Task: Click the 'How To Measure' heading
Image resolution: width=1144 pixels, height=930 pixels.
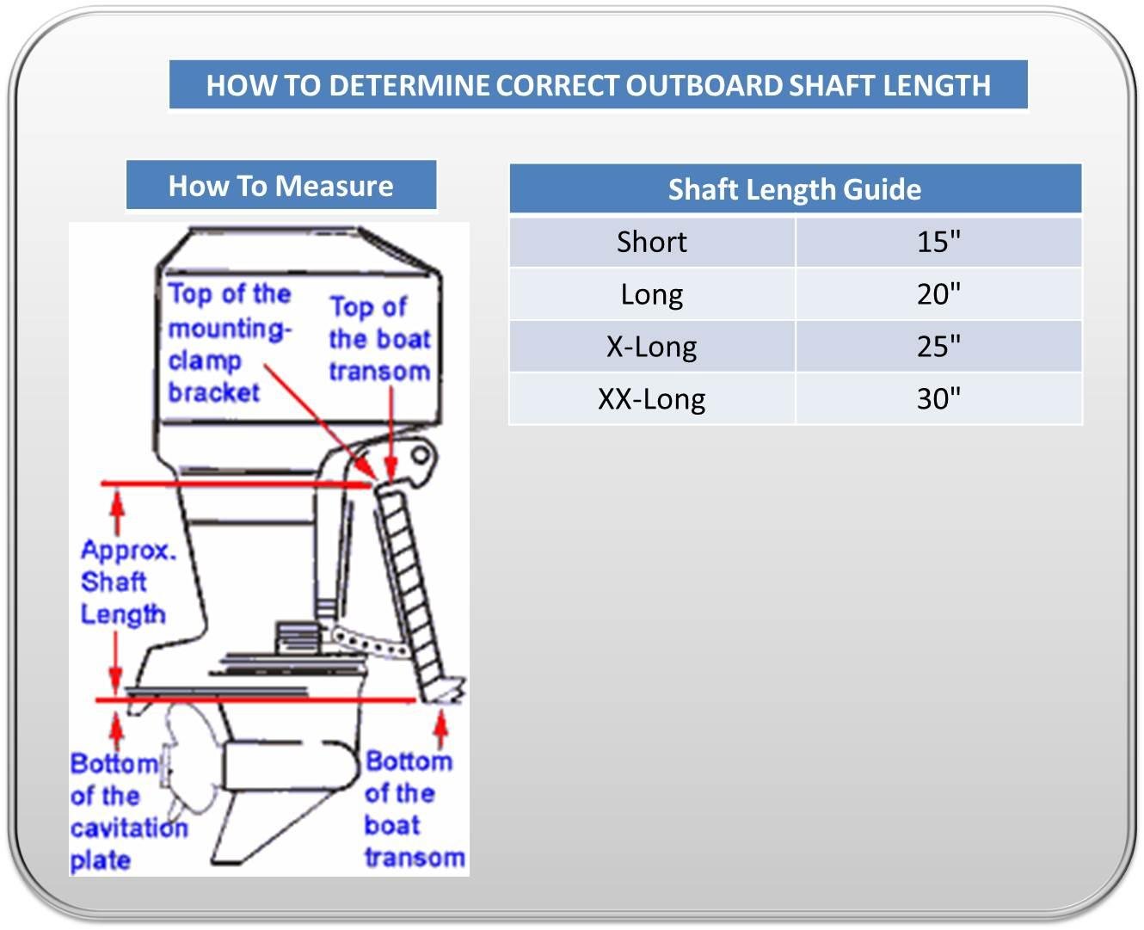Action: (x=280, y=186)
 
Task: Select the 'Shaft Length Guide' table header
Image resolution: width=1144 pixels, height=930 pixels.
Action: (x=794, y=189)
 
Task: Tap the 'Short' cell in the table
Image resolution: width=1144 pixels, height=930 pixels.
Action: (x=651, y=243)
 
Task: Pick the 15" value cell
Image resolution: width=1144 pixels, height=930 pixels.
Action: (x=938, y=243)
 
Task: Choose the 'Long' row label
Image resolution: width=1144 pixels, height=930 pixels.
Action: (x=651, y=295)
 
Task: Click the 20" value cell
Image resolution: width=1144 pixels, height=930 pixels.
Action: (x=938, y=295)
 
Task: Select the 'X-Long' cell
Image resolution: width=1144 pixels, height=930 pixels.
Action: (x=651, y=347)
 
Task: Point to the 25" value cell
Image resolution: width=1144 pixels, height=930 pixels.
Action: (x=938, y=347)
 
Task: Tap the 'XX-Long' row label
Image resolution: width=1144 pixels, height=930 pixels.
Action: (x=651, y=399)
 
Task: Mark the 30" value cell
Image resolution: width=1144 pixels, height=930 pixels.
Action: (x=938, y=399)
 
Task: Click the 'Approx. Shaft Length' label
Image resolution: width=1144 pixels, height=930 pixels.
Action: (x=126, y=582)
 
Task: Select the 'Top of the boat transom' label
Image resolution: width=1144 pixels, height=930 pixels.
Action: (x=378, y=339)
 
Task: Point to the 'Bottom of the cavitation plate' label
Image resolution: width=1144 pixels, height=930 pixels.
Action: (x=126, y=812)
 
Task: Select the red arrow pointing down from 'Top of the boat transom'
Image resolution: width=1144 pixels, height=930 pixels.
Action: (x=391, y=430)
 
